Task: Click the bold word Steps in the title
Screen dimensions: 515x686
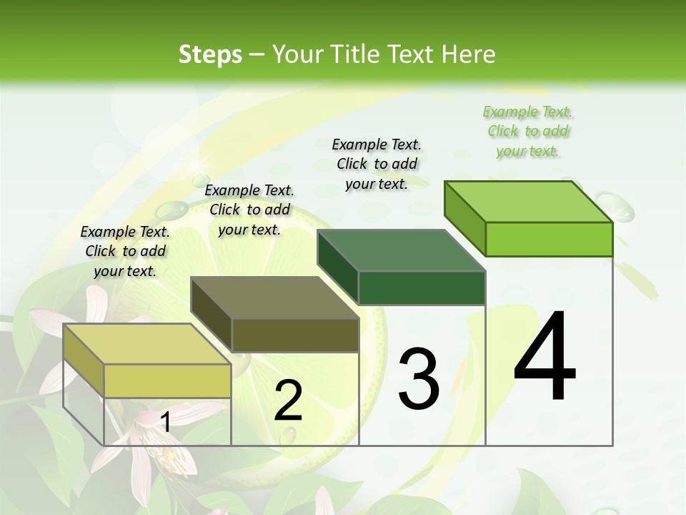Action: pos(210,54)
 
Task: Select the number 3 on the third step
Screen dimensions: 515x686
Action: pos(419,379)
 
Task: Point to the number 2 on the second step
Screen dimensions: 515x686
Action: pos(288,401)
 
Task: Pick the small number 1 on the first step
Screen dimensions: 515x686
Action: pos(166,423)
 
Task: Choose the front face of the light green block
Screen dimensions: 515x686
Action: pos(549,239)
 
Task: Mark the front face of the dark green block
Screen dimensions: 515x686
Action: pos(422,288)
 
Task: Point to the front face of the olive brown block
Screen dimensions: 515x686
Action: pos(295,335)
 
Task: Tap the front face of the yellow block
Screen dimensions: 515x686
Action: pos(167,381)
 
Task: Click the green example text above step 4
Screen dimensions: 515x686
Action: pos(528,131)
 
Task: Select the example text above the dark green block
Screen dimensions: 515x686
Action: pos(377,164)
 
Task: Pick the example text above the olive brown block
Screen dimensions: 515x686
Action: pos(249,210)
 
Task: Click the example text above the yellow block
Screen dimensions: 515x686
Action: pos(125,251)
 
